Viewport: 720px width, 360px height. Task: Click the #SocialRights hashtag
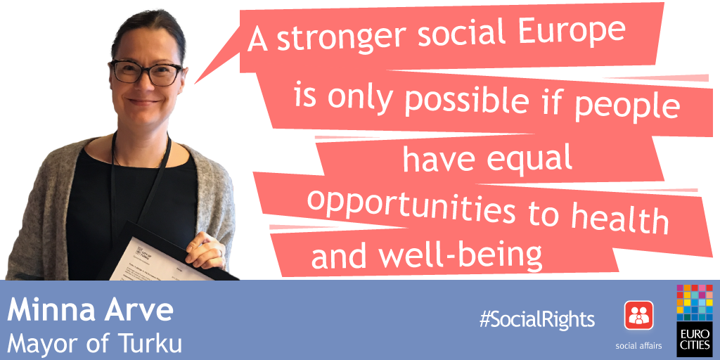coord(536,319)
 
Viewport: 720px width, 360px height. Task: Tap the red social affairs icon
coord(638,315)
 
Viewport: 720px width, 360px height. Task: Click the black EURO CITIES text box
coord(694,339)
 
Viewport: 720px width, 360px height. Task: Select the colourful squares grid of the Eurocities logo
coord(694,302)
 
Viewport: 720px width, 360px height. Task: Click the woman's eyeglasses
coord(146,72)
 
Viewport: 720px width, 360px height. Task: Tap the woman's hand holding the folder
coord(206,251)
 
